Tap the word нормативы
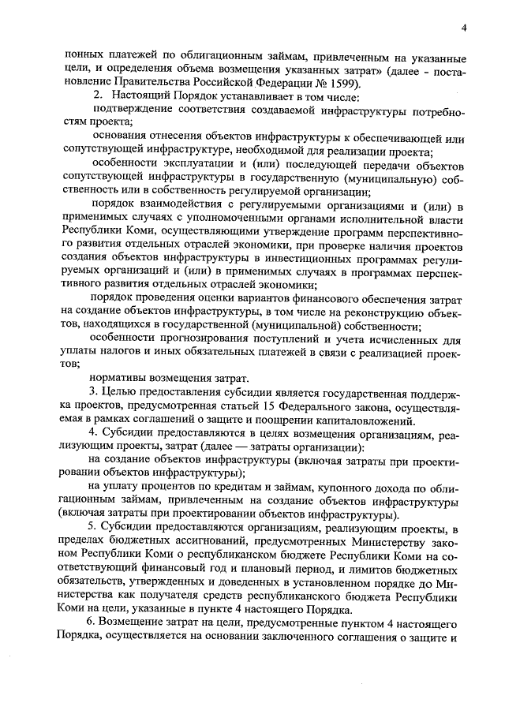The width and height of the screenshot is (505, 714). tap(120, 377)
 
